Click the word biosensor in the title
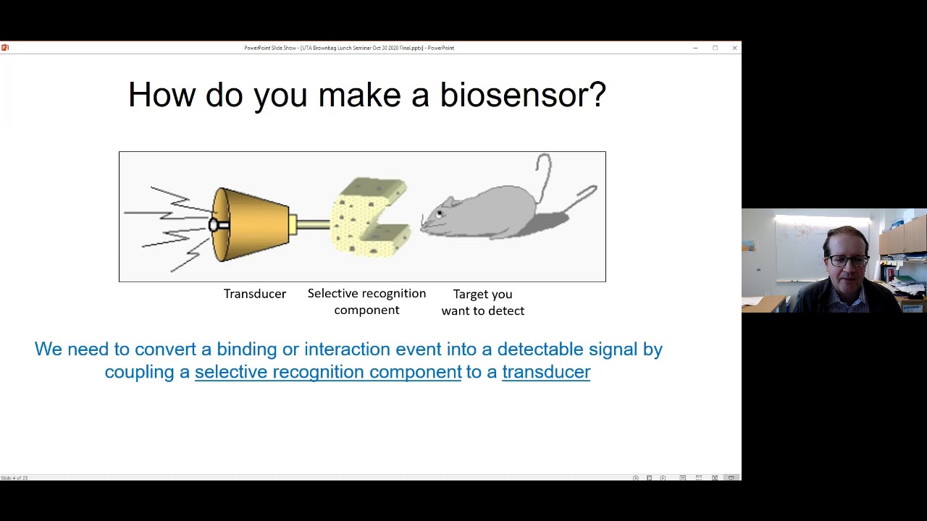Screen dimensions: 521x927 [522, 95]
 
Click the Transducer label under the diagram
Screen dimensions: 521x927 [254, 294]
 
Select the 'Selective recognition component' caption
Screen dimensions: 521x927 [366, 302]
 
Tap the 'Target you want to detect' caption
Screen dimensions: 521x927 [482, 302]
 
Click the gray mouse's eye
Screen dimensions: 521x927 [439, 213]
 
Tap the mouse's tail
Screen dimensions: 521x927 [543, 174]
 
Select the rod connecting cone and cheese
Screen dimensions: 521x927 [311, 225]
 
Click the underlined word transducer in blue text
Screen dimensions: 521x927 [546, 372]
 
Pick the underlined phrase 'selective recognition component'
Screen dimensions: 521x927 [328, 372]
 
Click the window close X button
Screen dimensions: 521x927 [734, 48]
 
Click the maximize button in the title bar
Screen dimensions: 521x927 [715, 48]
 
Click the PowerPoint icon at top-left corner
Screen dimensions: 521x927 [5, 48]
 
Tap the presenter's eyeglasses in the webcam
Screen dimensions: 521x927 [847, 260]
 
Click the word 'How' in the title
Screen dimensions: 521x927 [161, 95]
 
